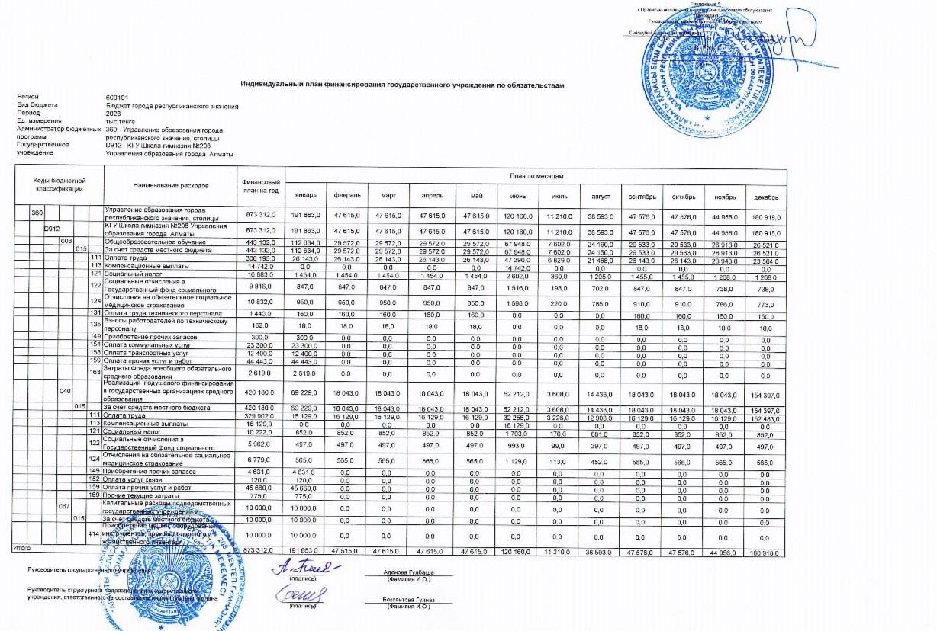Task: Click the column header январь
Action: (x=305, y=197)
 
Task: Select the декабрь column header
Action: (x=766, y=197)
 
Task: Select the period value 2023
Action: (x=114, y=114)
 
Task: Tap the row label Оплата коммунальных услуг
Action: (x=146, y=345)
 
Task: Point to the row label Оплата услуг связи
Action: (x=135, y=479)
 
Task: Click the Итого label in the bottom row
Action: (x=22, y=549)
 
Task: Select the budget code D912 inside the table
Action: (x=51, y=229)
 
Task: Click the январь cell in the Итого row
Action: (x=305, y=549)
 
